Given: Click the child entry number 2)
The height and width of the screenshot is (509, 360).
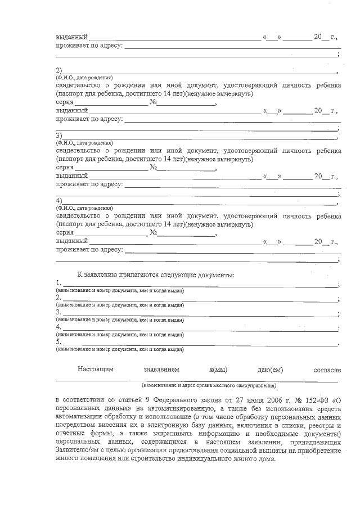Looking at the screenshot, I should [x=58, y=71].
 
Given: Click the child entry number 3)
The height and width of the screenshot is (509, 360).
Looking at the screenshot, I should [x=58, y=136].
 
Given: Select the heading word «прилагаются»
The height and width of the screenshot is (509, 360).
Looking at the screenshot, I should [x=133, y=274].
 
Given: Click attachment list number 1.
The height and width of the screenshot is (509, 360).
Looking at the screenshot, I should [x=58, y=283].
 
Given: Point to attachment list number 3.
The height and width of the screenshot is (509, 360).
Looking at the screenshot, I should [x=58, y=312].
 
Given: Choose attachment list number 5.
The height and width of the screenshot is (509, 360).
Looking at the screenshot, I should [x=58, y=341].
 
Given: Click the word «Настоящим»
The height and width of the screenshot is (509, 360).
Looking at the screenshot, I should [x=96, y=370].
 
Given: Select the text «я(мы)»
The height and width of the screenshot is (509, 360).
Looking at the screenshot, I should [x=218, y=370].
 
